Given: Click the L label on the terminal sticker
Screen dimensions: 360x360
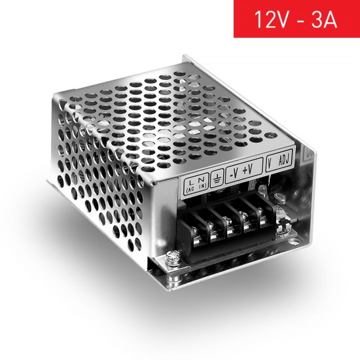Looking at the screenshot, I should pos(189,178).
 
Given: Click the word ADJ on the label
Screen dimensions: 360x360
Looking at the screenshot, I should pos(285,160).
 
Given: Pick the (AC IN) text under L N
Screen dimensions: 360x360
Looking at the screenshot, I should pos(194,187).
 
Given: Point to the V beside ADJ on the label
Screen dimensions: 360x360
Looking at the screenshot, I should pos(271,163).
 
